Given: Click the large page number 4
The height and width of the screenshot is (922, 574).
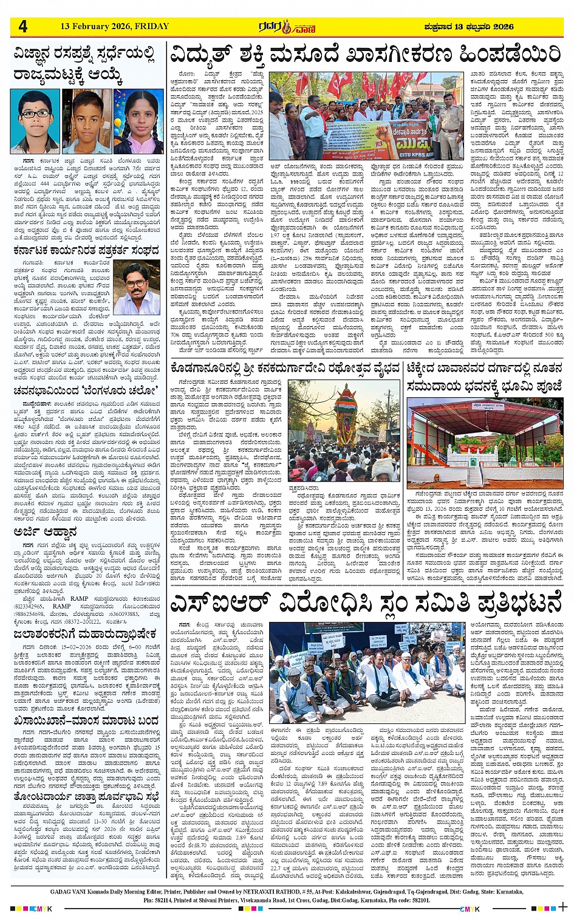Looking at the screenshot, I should pyautogui.click(x=23, y=27).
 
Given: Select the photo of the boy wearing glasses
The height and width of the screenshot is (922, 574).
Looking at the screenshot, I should pyautogui.click(x=35, y=121).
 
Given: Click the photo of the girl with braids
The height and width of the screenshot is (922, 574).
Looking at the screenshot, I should pyautogui.click(x=140, y=121).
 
